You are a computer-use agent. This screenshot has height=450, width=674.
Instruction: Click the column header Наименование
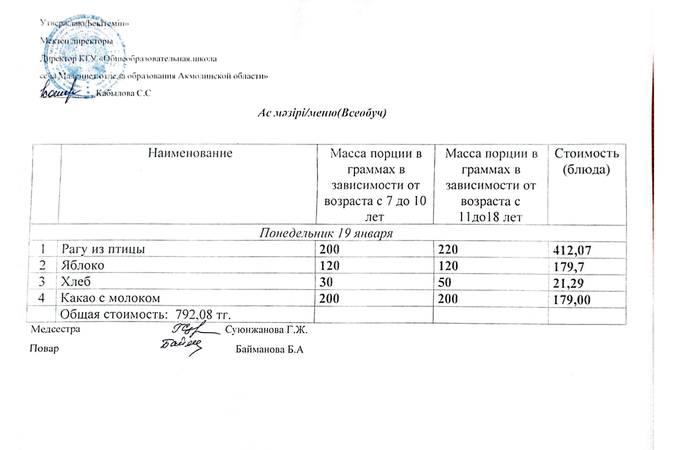tap(188, 153)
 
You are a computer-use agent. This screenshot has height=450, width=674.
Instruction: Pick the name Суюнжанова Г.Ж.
tap(269, 330)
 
